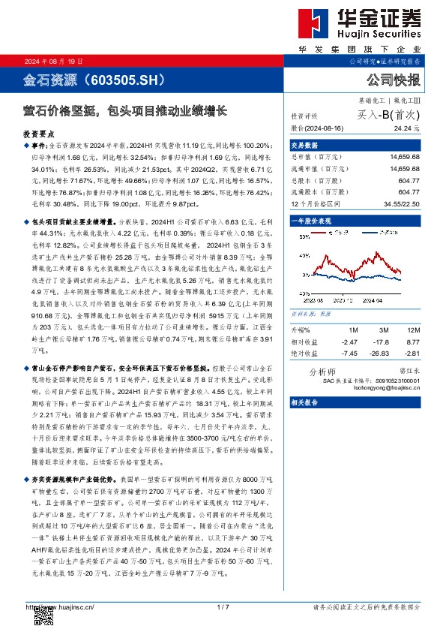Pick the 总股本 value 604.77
(x=408, y=182)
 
